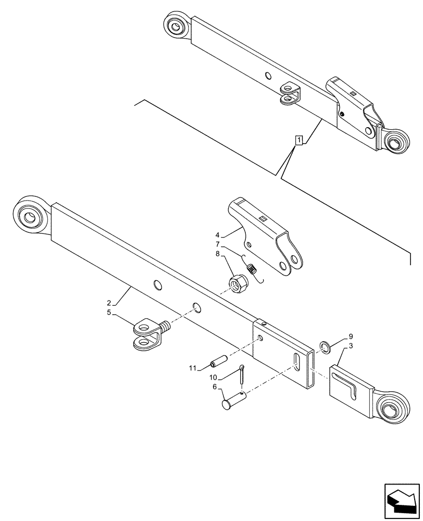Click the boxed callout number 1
click(x=298, y=140)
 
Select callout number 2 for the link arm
click(x=108, y=303)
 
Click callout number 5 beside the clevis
click(x=108, y=313)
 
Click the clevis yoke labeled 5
click(x=148, y=334)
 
